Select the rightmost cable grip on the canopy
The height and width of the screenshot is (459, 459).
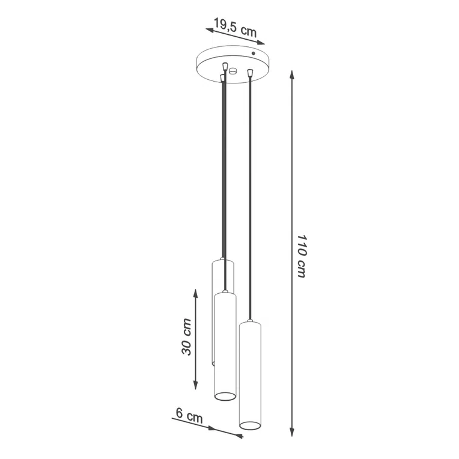[249, 73]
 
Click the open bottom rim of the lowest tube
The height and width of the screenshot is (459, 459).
[249, 425]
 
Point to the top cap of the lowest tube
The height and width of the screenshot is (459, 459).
[249, 323]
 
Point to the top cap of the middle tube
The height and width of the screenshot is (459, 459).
[225, 294]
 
